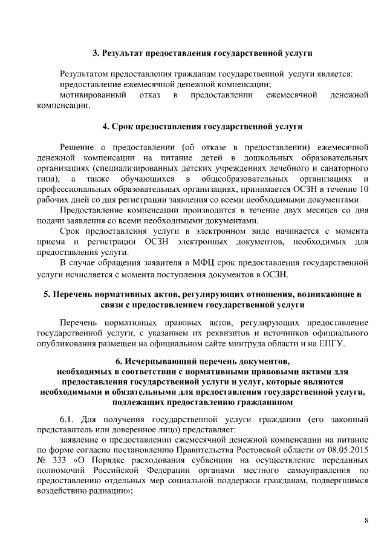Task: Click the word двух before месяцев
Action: tap(286, 211)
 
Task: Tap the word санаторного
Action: tap(340, 167)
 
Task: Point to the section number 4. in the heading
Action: tap(105, 127)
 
